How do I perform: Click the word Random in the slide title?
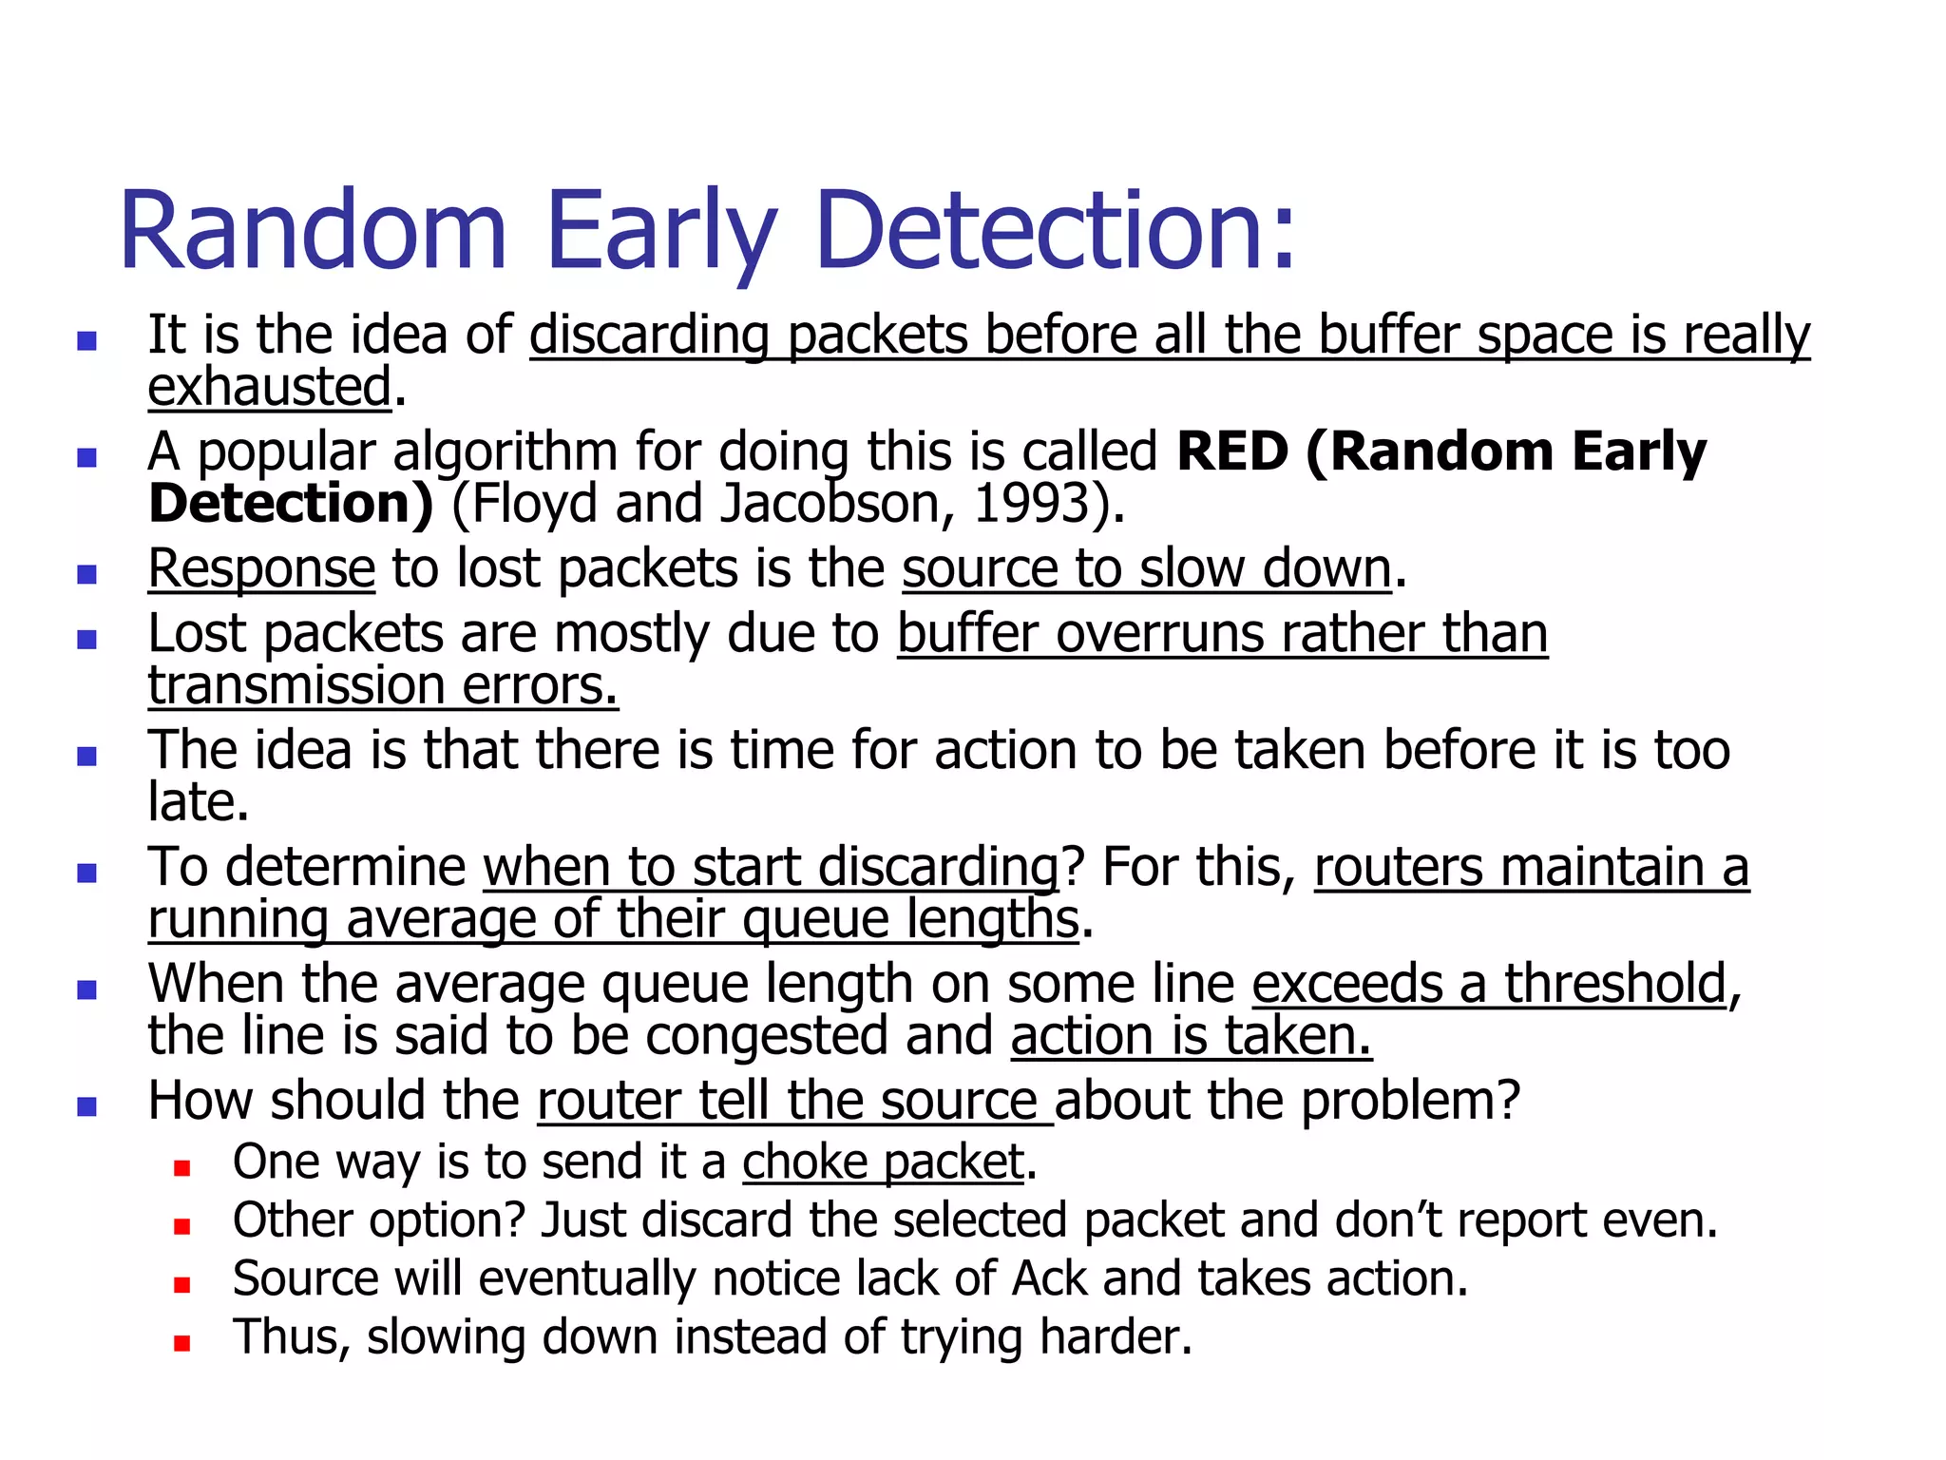pyautogui.click(x=313, y=231)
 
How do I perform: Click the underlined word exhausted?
pyautogui.click(x=270, y=387)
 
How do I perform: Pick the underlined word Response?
pyautogui.click(x=261, y=568)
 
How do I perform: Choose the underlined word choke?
pyautogui.click(x=805, y=1162)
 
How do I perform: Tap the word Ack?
pyautogui.click(x=1049, y=1278)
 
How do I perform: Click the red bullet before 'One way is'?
pyautogui.click(x=182, y=1168)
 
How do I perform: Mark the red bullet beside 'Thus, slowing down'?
pyautogui.click(x=182, y=1343)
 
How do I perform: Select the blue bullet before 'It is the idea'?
pyautogui.click(x=87, y=341)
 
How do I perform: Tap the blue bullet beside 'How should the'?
pyautogui.click(x=87, y=1106)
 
